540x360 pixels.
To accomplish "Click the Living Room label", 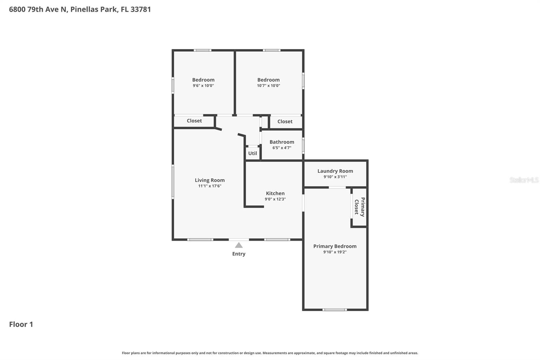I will point(210,180).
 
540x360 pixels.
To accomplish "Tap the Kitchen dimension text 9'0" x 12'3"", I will point(275,199).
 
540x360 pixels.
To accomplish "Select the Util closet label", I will point(252,153).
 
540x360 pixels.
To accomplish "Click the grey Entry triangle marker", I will point(239,245).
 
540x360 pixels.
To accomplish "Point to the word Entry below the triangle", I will point(239,254).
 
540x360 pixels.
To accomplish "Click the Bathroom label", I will point(282,142).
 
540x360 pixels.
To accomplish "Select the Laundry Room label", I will point(335,171).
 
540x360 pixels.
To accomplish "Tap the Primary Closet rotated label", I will point(359,207).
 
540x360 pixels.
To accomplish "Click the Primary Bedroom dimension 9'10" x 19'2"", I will point(335,252).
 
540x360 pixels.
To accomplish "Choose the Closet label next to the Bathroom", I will point(285,122).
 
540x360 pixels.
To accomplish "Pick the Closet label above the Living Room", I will point(194,121).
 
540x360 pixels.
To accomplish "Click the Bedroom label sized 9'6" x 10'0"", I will point(203,80).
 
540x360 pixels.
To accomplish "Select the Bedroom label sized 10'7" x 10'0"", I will point(268,80).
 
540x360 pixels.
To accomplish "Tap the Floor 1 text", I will point(21,325).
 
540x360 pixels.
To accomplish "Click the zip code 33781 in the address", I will point(140,9).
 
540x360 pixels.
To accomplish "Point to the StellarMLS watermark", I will point(524,180).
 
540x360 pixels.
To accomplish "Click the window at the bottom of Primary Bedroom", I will point(334,309).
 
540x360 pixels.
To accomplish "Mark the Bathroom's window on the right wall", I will point(303,146).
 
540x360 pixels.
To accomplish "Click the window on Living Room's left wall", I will point(173,181).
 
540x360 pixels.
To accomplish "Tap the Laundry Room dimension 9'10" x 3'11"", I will point(335,177).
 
